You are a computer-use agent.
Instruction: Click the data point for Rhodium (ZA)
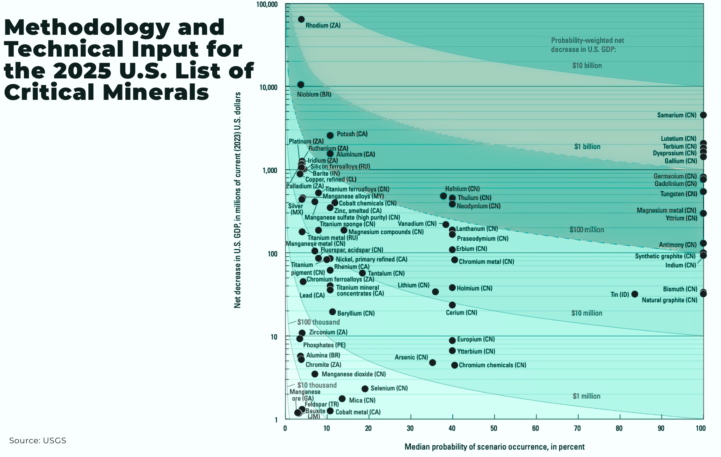(301, 19)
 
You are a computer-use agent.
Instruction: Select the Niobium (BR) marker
(300, 85)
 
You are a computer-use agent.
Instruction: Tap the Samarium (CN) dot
(703, 115)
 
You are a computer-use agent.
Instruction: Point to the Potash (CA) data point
(330, 135)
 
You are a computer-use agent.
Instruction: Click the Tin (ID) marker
(634, 294)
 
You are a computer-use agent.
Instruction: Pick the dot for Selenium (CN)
(365, 388)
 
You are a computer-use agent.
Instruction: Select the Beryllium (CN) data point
(332, 312)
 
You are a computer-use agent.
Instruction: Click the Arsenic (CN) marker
(432, 362)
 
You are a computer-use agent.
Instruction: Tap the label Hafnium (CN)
(462, 189)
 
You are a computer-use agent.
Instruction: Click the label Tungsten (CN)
(678, 194)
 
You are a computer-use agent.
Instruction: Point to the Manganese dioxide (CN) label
(353, 374)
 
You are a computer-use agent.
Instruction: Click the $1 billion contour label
(587, 147)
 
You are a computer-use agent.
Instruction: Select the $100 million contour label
(587, 230)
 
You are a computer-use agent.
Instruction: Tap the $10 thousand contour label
(317, 385)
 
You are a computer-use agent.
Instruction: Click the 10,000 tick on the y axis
(268, 87)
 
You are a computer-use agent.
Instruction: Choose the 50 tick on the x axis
(494, 428)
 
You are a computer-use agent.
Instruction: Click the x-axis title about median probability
(494, 447)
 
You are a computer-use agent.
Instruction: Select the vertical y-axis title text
(238, 200)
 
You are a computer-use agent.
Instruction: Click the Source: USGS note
(38, 440)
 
